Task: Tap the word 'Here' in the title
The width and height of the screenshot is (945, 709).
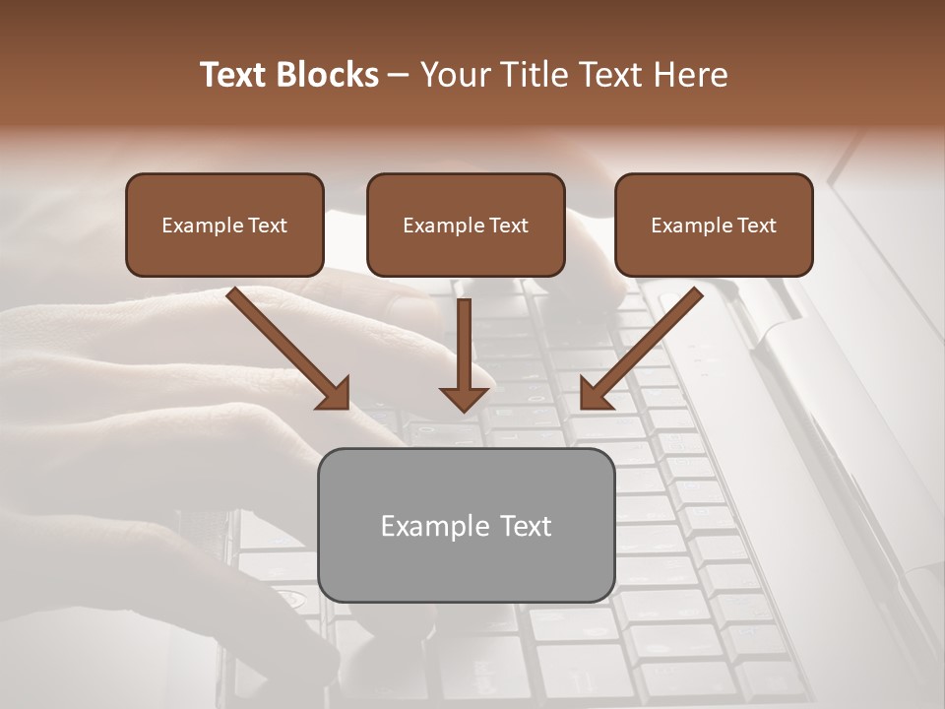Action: [x=691, y=75]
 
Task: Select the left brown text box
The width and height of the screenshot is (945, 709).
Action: [x=224, y=225]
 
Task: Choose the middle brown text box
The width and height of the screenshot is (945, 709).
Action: [x=466, y=225]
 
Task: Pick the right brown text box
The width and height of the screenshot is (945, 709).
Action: [x=714, y=225]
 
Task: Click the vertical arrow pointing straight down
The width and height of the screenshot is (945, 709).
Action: [x=465, y=350]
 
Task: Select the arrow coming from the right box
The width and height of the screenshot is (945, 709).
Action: [x=645, y=345]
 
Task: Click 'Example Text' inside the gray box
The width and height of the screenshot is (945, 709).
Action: [x=466, y=526]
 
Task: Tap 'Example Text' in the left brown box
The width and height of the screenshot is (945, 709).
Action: [x=224, y=226]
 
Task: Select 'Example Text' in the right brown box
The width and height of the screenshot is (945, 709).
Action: [x=714, y=226]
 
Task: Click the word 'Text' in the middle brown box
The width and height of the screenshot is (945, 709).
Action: [x=508, y=226]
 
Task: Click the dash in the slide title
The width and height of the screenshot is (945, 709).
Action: [x=399, y=76]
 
